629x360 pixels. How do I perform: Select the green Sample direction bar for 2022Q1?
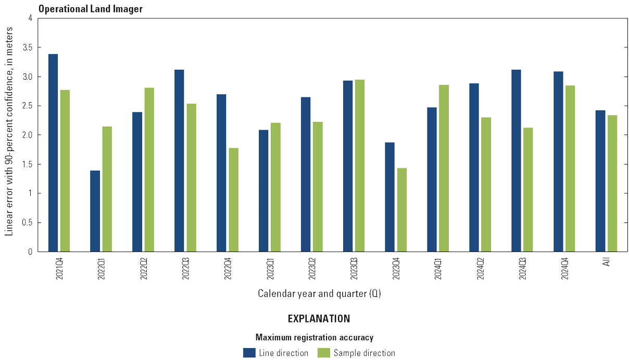click(x=107, y=189)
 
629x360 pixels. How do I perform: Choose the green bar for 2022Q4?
click(x=233, y=200)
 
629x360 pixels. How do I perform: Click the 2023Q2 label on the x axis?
click(x=312, y=267)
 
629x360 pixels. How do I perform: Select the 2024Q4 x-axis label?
click(x=564, y=267)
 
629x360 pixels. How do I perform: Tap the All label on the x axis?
click(x=606, y=262)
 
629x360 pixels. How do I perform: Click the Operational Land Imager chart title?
click(x=91, y=9)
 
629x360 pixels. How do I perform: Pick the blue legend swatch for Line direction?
click(x=249, y=353)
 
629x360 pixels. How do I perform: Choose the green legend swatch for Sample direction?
click(x=324, y=353)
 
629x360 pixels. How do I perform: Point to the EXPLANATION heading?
click(x=319, y=318)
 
